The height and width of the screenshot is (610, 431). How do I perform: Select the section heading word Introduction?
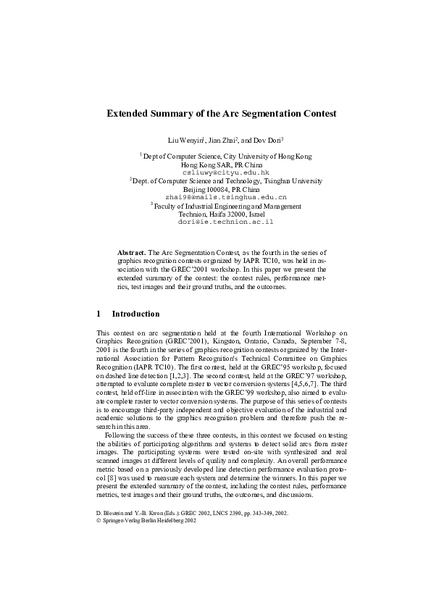coord(135,314)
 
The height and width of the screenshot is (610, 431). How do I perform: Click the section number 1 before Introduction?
coord(99,314)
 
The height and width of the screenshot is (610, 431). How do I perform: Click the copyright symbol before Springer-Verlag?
coord(99,520)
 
